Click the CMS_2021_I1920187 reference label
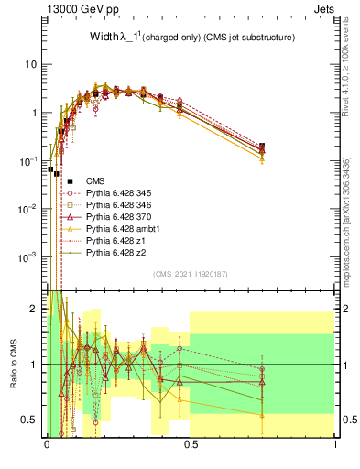click(191, 274)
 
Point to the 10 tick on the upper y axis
click(31, 65)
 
